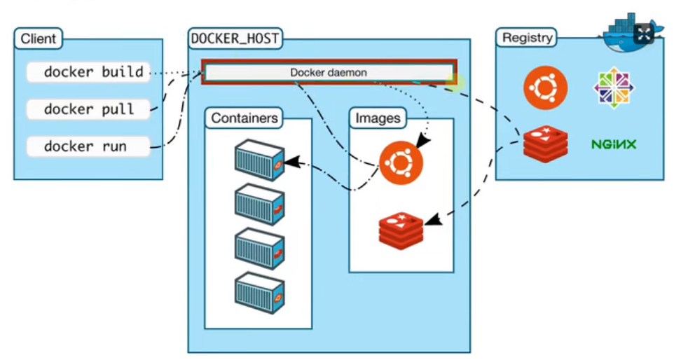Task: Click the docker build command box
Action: pyautogui.click(x=88, y=71)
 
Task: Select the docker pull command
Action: pyautogui.click(x=88, y=109)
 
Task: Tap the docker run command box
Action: pyautogui.click(x=88, y=146)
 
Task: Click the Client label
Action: pyautogui.click(x=39, y=39)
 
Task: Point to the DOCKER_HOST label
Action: pyautogui.click(x=235, y=39)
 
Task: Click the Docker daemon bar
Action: pyautogui.click(x=329, y=72)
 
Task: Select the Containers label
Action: pyautogui.click(x=244, y=118)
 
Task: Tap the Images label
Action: pyautogui.click(x=378, y=118)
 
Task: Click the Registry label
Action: pyautogui.click(x=527, y=38)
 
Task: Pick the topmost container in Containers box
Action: pyautogui.click(x=260, y=160)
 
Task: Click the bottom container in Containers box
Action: pyautogui.click(x=260, y=294)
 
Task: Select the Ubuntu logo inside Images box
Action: pyautogui.click(x=401, y=162)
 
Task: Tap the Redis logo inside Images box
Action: pyautogui.click(x=401, y=230)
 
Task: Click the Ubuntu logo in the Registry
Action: pyautogui.click(x=545, y=88)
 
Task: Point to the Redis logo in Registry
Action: pyautogui.click(x=546, y=144)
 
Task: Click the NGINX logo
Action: pyautogui.click(x=614, y=144)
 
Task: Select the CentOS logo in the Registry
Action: pyautogui.click(x=614, y=88)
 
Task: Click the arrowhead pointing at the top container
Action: pyautogui.click(x=291, y=162)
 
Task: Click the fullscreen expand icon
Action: pyautogui.click(x=643, y=34)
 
